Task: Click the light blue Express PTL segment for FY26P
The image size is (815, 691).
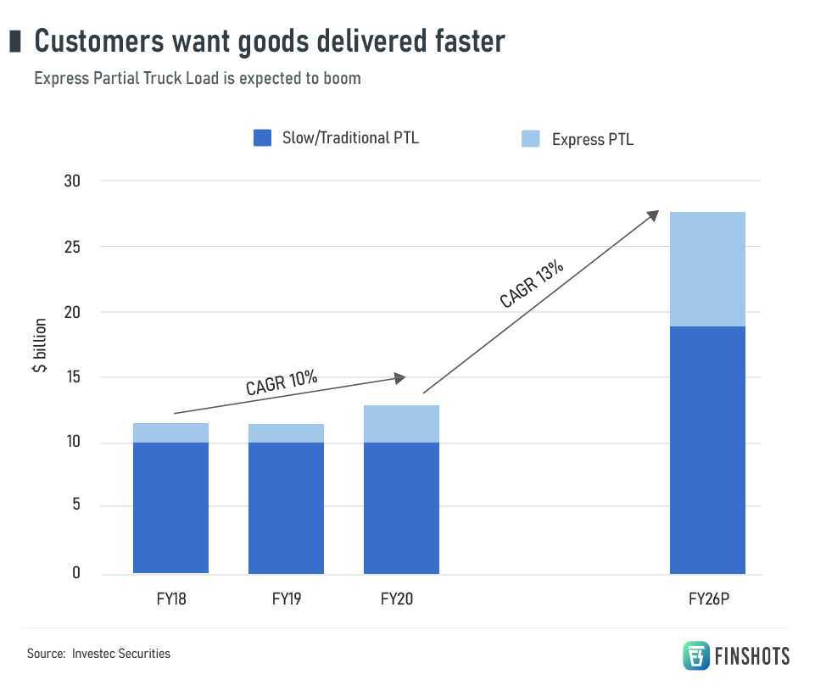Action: [707, 269]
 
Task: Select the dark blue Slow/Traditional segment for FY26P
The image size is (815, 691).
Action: [707, 449]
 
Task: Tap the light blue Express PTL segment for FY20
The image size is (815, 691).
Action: [401, 424]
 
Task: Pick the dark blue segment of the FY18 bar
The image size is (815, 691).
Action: [170, 507]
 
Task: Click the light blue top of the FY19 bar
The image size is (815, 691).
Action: [286, 433]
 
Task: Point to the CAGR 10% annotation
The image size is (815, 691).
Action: [282, 382]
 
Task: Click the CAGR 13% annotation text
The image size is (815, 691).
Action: [532, 282]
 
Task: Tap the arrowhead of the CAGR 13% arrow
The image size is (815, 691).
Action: [653, 215]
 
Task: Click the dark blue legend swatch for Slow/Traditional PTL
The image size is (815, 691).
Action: [262, 138]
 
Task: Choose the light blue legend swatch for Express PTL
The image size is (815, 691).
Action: [530, 138]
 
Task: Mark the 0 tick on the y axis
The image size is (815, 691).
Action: [76, 573]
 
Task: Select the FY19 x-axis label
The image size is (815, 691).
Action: [287, 599]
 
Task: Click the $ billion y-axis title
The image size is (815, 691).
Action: [40, 345]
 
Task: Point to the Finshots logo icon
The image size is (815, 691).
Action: [696, 655]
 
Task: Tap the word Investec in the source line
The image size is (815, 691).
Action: [95, 654]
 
